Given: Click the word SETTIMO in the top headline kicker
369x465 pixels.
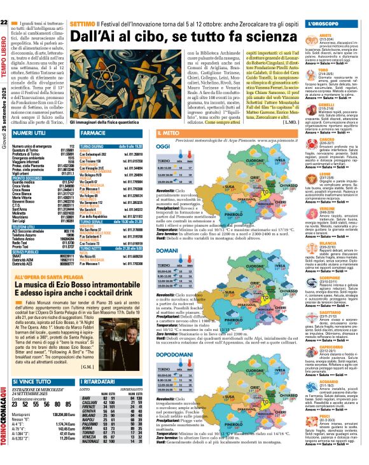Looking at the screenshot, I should point(83,6).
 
